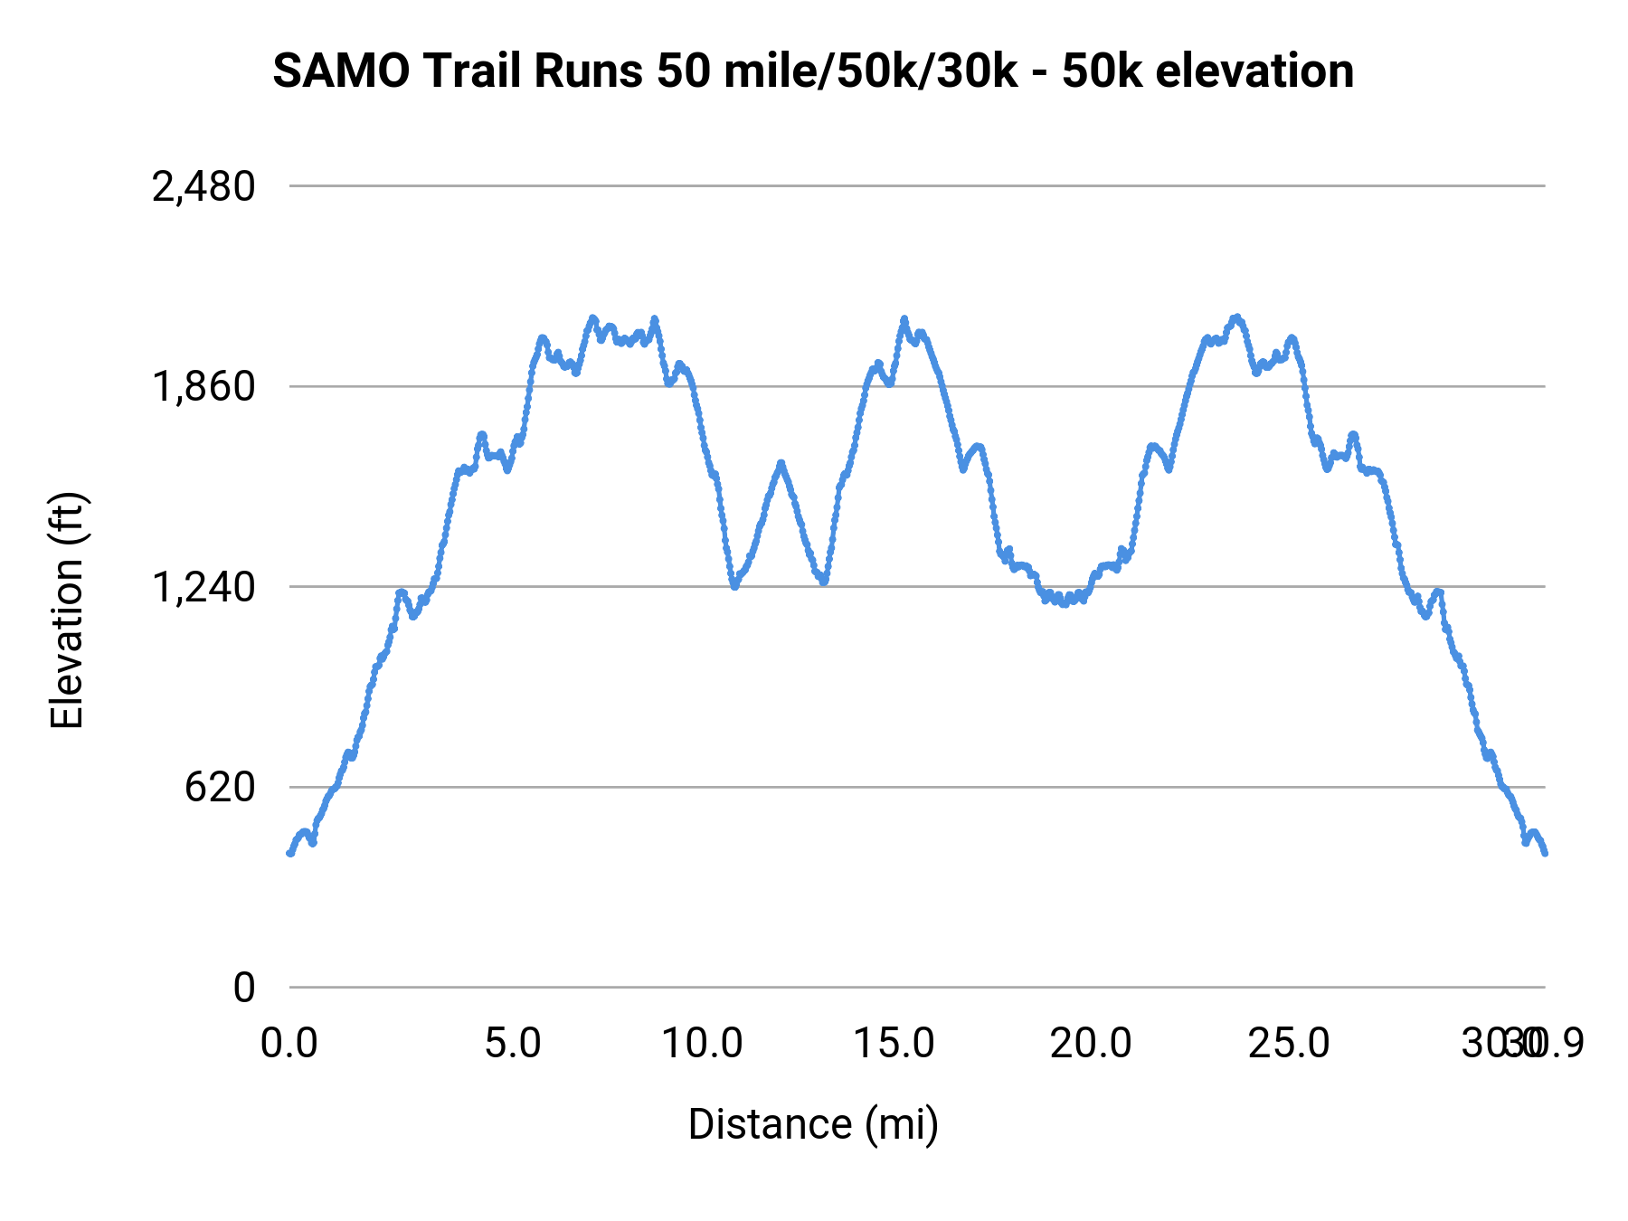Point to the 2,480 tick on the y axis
tap(203, 187)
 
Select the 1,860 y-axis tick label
tap(203, 387)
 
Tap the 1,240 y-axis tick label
tap(203, 588)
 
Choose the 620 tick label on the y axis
tap(220, 788)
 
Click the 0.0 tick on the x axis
tap(289, 1044)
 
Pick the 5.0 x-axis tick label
tap(513, 1044)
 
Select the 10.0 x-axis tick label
tap(702, 1044)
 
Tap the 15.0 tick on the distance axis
tap(894, 1044)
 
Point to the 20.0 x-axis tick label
tap(1090, 1044)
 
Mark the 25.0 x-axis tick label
tap(1289, 1044)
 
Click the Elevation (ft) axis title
tap(67, 610)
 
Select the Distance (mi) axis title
tap(813, 1124)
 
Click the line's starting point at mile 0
tap(290, 853)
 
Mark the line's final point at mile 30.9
tap(1545, 853)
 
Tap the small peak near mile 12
tap(781, 463)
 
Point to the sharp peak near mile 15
tap(904, 318)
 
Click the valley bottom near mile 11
tap(735, 586)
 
